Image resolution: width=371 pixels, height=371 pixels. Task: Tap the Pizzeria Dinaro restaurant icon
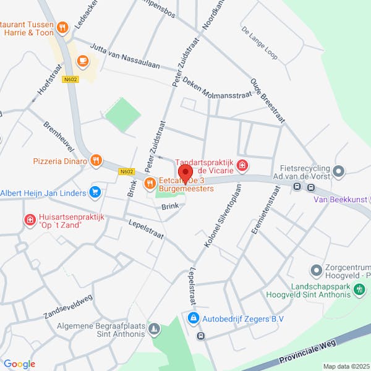(95, 161)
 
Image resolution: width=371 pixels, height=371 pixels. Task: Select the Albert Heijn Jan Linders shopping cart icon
(95, 193)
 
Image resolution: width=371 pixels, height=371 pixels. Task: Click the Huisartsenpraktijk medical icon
(29, 220)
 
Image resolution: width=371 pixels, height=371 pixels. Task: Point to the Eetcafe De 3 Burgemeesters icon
(150, 182)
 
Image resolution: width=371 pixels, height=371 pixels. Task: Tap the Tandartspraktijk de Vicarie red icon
(243, 165)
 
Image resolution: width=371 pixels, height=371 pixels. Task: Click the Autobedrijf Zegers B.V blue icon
(193, 318)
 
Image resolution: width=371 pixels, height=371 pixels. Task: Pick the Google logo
(19, 364)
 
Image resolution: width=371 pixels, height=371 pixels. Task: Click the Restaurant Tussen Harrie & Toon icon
(62, 27)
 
